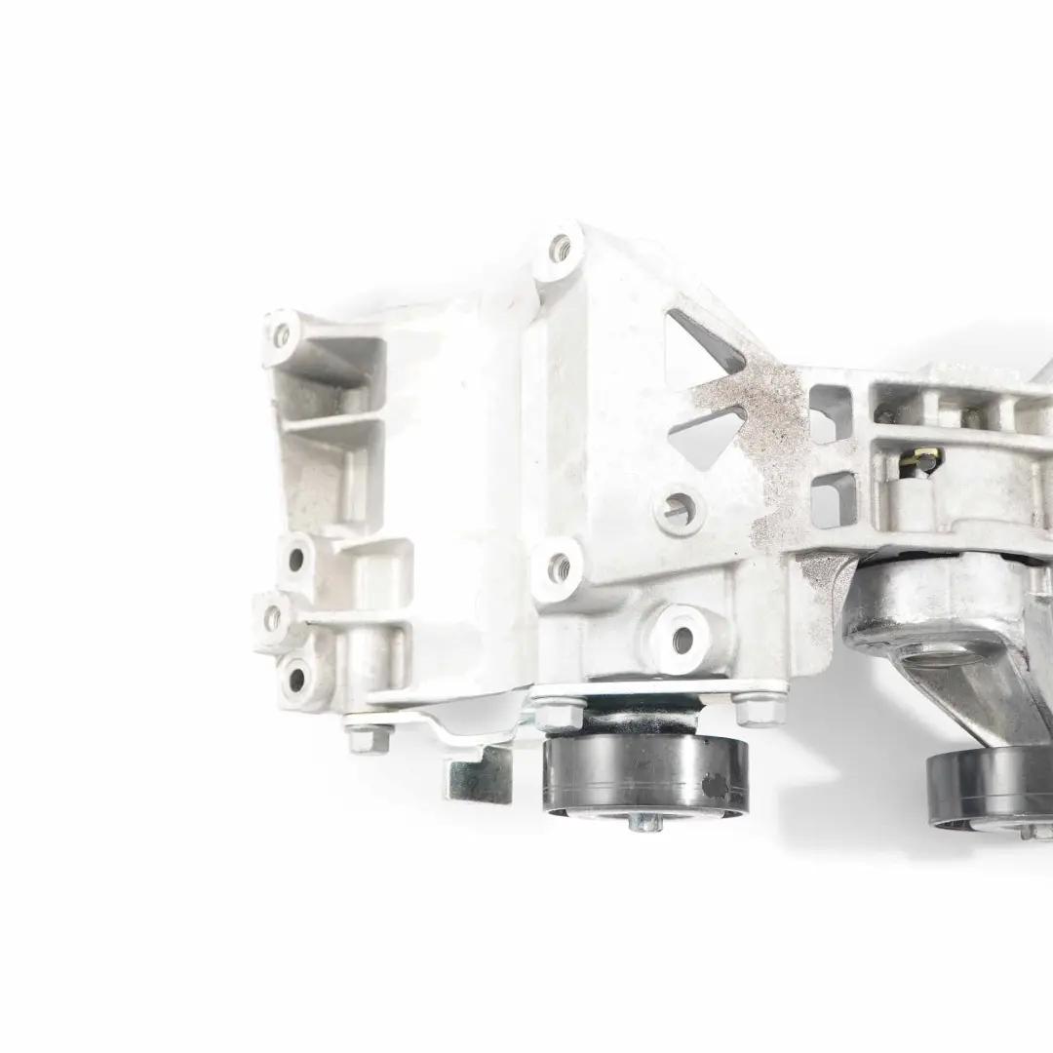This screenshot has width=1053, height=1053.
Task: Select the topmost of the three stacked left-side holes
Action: pos(295,560)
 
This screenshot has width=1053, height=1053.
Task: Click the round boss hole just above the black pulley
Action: pos(682,639)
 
